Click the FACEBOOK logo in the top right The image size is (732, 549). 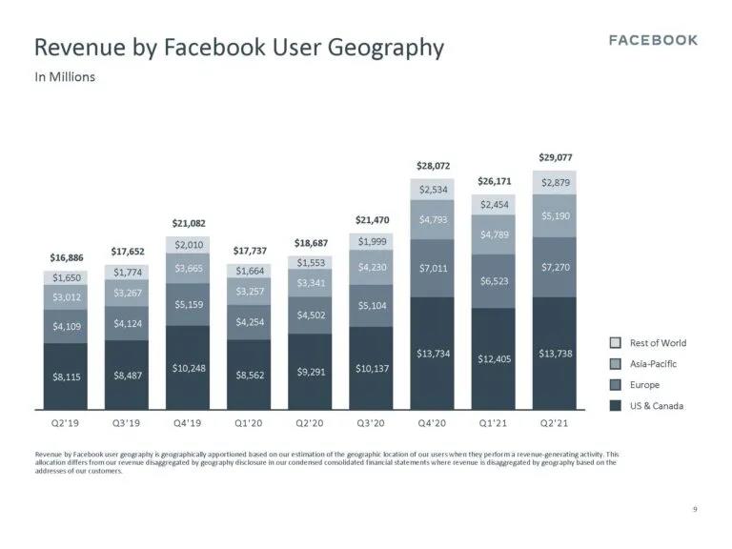click(x=653, y=40)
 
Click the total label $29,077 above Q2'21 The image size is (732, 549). click(x=556, y=157)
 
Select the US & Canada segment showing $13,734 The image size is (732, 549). click(x=433, y=354)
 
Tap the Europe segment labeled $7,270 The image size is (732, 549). click(x=556, y=268)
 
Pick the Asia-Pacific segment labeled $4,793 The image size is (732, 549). click(x=433, y=220)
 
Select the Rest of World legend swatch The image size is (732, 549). click(x=616, y=343)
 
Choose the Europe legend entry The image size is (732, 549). click(x=644, y=385)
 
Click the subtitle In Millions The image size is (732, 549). click(x=65, y=76)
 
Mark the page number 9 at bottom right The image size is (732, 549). click(x=695, y=510)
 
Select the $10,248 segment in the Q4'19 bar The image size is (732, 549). click(x=188, y=368)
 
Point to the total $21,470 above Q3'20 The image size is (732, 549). click(x=372, y=220)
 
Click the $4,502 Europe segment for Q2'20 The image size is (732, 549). click(x=311, y=315)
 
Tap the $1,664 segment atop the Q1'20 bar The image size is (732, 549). click(x=249, y=271)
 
